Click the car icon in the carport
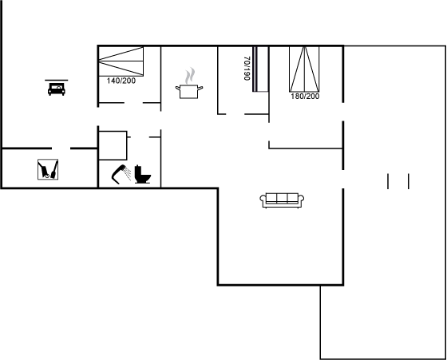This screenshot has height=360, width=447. pos(57,89)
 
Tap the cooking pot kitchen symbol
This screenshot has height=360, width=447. pos(189,91)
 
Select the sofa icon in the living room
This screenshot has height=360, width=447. pos(282,200)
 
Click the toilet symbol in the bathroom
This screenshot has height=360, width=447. pos(143,174)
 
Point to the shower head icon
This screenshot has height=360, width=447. pos(121,174)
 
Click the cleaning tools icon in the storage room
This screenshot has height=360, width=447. pos(48,169)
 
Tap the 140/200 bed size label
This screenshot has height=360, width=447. pos(121,81)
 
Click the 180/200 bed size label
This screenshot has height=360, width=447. pos(305,97)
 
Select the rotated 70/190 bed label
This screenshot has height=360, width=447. pos(247,69)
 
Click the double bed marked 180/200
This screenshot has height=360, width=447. pos(304,69)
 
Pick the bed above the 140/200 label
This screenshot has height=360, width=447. pos(121,61)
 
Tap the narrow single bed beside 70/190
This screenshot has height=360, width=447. pos(260,69)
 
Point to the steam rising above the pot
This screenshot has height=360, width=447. pos(190,76)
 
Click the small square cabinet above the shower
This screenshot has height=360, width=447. pos(113,145)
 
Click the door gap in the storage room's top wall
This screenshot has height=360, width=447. pos(61,148)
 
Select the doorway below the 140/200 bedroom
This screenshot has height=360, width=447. pos(133,103)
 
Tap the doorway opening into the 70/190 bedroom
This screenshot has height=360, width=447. pos(235,114)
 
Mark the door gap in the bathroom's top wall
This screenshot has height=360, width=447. pos(140,137)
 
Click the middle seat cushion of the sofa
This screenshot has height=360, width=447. pos(282,198)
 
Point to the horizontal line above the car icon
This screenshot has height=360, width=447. pos(57,80)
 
